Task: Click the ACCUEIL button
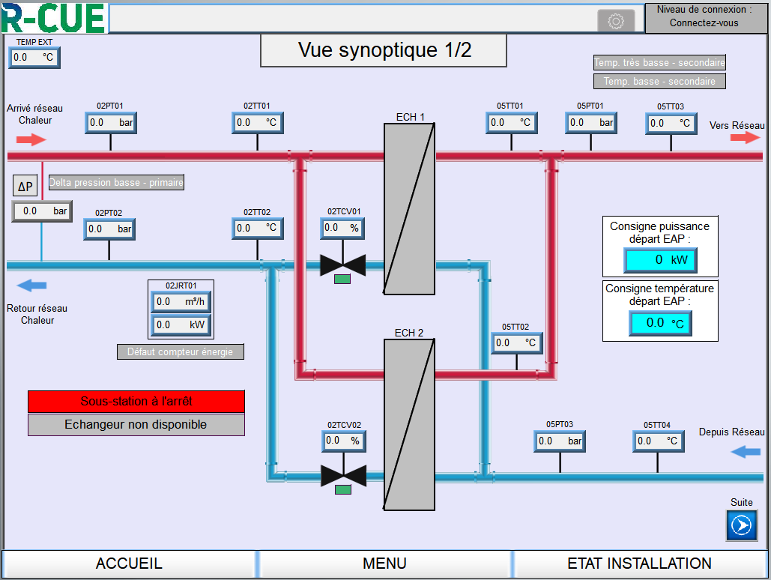click(x=129, y=564)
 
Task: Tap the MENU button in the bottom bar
click(x=384, y=564)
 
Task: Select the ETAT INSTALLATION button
click(x=639, y=564)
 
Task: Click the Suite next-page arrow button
click(x=741, y=525)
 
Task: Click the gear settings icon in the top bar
click(x=616, y=21)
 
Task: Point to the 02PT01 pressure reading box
click(x=111, y=122)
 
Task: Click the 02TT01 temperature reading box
click(x=258, y=122)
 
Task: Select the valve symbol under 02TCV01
click(x=342, y=265)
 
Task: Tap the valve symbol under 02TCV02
click(x=343, y=476)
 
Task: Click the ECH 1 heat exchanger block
click(x=409, y=208)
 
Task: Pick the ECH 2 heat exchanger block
click(x=409, y=424)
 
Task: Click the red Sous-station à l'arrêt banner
click(x=136, y=401)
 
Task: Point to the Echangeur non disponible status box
click(x=136, y=425)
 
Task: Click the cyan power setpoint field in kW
click(x=660, y=260)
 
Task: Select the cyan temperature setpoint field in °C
click(x=660, y=323)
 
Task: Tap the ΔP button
click(x=25, y=187)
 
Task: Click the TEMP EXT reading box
click(x=34, y=57)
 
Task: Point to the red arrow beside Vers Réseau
click(x=746, y=138)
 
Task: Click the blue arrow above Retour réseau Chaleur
click(x=32, y=285)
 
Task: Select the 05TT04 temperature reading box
click(x=657, y=441)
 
